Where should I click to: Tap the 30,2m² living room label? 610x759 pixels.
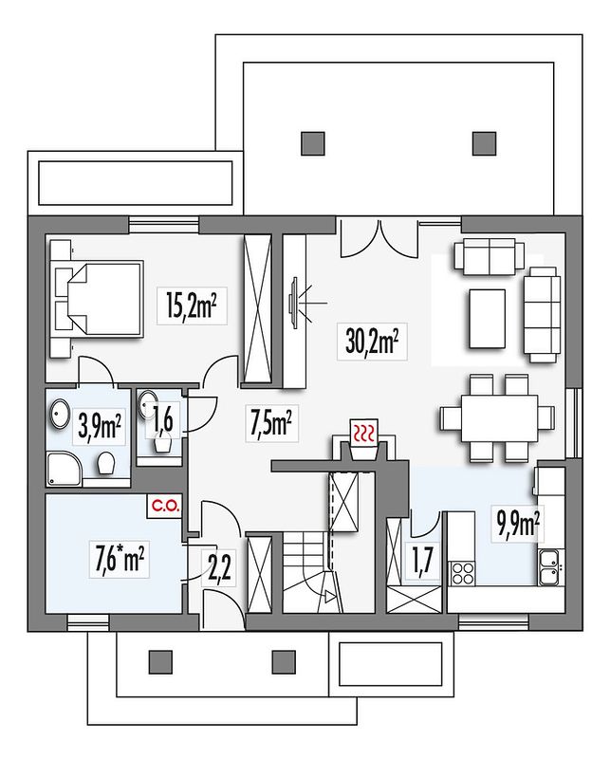pyautogui.click(x=372, y=342)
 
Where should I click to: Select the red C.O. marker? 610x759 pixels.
pyautogui.click(x=166, y=507)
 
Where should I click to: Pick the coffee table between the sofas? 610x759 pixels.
pyautogui.click(x=487, y=319)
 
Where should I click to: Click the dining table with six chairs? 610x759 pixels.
pyautogui.click(x=498, y=417)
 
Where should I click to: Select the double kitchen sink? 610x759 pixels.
pyautogui.click(x=551, y=567)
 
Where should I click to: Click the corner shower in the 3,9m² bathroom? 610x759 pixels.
pyautogui.click(x=65, y=469)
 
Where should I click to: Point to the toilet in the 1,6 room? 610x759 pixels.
pyautogui.click(x=162, y=443)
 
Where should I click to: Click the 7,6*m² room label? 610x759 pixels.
pyautogui.click(x=120, y=559)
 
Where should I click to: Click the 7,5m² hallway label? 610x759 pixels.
pyautogui.click(x=271, y=422)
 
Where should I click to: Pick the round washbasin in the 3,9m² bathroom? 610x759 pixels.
pyautogui.click(x=60, y=413)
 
